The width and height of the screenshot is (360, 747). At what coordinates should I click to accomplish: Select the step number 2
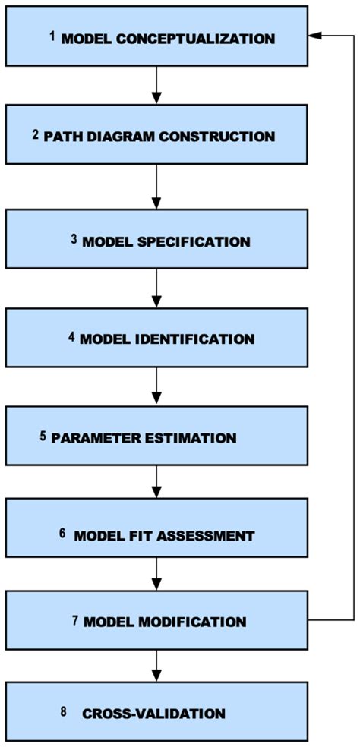pos(57,135)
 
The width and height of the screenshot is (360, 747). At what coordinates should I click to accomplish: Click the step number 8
pos(62,711)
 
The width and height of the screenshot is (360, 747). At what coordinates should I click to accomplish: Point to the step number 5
pos(43,437)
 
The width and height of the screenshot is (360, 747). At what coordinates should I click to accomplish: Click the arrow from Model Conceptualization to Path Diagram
pos(156,84)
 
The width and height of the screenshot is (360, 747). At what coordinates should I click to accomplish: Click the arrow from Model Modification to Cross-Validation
pos(156,667)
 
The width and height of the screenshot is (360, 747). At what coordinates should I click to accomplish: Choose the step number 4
pos(71,336)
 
